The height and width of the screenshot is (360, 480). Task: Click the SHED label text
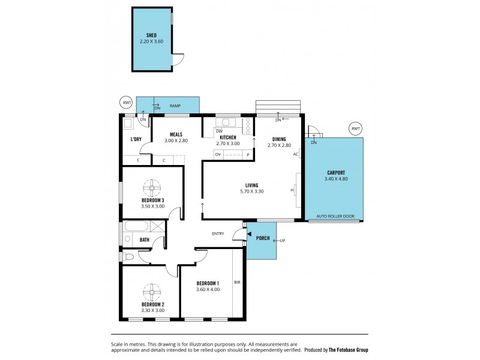151,35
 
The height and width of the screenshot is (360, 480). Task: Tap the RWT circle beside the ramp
126,103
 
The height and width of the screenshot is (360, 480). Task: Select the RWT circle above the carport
356,129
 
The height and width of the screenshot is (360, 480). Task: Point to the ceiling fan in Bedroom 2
152,292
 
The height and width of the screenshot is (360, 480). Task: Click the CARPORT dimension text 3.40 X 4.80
335,179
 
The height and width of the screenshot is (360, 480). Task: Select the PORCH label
263,238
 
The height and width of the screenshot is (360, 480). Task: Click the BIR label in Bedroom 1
237,281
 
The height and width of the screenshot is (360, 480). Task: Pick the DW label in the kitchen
220,131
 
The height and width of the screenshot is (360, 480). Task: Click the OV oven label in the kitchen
218,155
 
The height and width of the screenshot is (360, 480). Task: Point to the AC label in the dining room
295,154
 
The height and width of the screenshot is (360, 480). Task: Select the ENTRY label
218,233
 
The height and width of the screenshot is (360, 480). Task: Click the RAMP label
175,106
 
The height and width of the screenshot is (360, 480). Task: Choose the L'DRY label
136,140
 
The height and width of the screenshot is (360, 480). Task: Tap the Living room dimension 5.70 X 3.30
251,191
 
